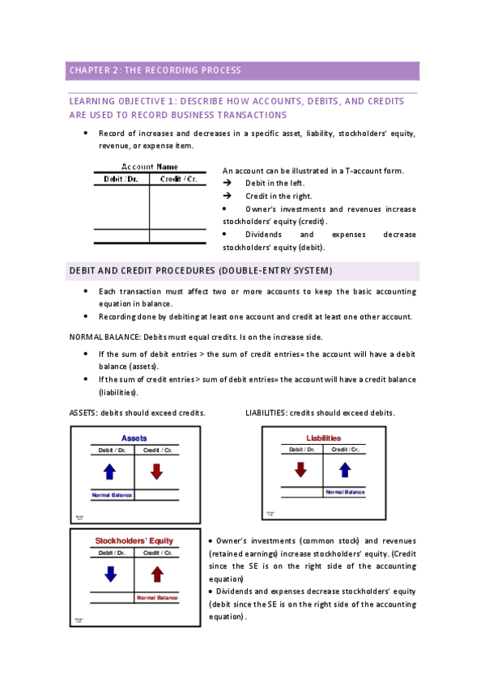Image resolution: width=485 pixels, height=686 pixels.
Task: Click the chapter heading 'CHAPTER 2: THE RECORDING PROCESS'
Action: point(155,70)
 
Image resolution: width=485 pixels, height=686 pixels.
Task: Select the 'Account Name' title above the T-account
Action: point(149,167)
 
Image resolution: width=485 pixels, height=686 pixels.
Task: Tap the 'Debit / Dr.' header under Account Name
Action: point(120,179)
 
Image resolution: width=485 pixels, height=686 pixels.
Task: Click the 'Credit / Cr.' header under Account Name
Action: point(178,179)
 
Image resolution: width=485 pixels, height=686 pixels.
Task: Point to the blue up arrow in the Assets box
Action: point(111,471)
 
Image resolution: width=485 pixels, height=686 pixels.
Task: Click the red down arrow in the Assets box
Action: point(156,471)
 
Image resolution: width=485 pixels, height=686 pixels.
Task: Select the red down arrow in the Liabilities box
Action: point(301,469)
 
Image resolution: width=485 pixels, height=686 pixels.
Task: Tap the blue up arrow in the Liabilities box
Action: point(345,469)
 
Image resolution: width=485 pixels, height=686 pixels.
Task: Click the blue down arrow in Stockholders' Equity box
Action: point(111,573)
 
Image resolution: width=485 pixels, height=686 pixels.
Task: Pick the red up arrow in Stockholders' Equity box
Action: point(157,574)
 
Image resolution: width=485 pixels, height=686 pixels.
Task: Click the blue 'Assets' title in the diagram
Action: point(134,438)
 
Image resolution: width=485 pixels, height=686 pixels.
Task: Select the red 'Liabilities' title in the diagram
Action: point(323,438)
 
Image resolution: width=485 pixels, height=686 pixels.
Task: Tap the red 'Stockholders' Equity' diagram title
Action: point(134,540)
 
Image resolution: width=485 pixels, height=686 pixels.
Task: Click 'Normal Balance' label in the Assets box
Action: point(112,494)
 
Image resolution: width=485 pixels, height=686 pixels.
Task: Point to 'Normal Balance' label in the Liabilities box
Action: point(345,492)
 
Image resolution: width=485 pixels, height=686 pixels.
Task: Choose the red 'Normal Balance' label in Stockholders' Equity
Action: point(157,598)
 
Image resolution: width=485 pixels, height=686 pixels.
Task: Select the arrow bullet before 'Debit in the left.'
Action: point(227,184)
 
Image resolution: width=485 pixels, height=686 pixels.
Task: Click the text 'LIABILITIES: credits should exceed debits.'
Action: point(320,413)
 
